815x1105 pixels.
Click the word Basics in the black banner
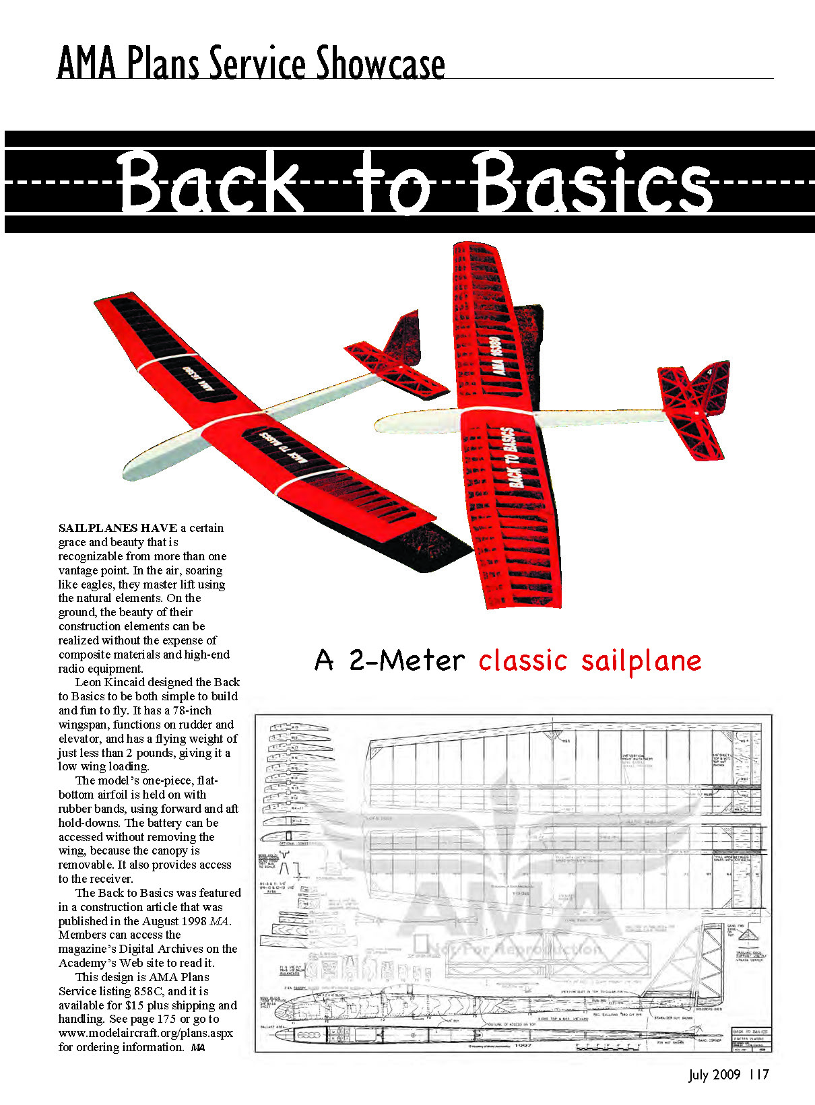[593, 182]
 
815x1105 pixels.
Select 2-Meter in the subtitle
[407, 661]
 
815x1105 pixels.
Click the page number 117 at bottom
[758, 1075]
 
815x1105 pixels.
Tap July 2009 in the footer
[714, 1075]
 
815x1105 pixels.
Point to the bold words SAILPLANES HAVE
[118, 528]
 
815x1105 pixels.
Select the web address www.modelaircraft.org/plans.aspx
[145, 1033]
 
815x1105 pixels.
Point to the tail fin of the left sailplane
[401, 350]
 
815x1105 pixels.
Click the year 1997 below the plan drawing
[523, 1046]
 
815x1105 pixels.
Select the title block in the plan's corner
[751, 1040]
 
